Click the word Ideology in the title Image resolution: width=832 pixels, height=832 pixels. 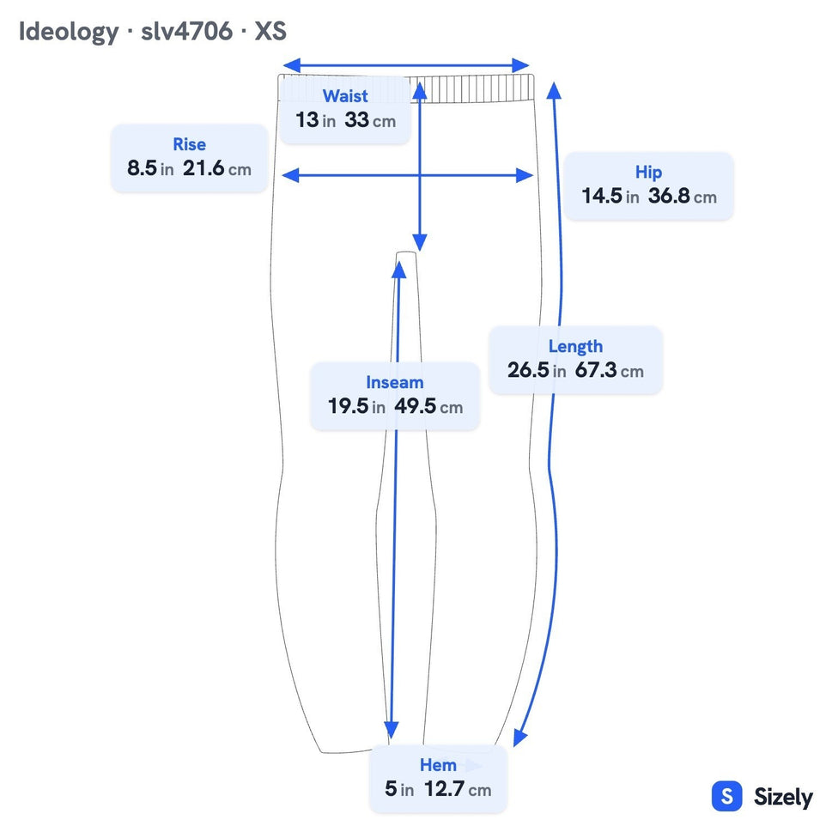point(69,32)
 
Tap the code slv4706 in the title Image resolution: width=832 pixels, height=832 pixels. point(186,31)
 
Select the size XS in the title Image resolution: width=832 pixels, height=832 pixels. point(270,31)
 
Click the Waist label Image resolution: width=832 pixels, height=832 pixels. point(345,95)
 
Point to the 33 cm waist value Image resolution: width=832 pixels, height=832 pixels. point(370,120)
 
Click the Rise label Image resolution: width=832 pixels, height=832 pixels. point(190,144)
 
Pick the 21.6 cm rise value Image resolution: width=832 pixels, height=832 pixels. point(216,169)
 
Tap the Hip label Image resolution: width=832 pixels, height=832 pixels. point(648,173)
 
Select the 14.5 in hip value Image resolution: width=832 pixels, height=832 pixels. point(610,196)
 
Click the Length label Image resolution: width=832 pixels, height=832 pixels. point(575,347)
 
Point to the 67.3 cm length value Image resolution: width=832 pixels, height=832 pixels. point(609,370)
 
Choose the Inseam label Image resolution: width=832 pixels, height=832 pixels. point(395,382)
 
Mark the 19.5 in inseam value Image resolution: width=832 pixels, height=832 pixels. point(356,406)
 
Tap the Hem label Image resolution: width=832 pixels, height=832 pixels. point(438,765)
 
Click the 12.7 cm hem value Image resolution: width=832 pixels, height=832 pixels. point(458,789)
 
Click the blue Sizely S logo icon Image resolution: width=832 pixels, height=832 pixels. point(726,796)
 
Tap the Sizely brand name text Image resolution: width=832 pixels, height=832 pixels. point(783,797)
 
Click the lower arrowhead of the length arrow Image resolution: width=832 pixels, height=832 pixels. point(519,738)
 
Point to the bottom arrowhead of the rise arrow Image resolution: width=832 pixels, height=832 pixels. point(420,243)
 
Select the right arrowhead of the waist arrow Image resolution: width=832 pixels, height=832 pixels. point(521,66)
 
